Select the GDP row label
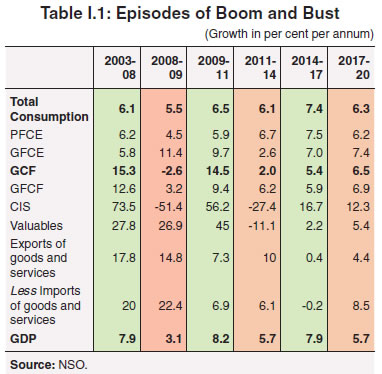point(23,338)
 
